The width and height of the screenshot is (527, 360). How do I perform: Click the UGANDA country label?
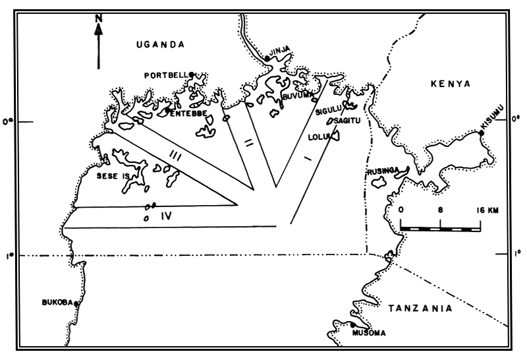point(157,44)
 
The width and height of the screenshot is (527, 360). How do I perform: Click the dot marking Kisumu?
point(482,133)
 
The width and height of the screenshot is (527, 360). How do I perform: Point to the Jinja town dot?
point(267,59)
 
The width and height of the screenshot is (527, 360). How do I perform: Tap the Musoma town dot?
point(353,324)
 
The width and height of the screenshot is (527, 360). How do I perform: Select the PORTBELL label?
point(165,75)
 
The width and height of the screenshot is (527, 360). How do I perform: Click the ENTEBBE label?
point(190,113)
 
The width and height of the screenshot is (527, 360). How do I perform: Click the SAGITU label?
point(348,121)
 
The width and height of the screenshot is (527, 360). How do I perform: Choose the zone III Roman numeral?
point(174,155)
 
